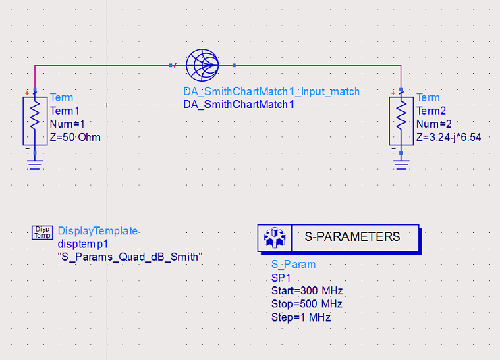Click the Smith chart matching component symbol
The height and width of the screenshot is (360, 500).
pos(202,66)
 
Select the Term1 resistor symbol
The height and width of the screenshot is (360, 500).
pos(35,120)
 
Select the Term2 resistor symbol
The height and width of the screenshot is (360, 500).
pos(401,120)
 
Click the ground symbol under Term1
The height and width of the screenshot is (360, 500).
pos(35,162)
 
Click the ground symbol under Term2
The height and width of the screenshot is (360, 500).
pos(401,162)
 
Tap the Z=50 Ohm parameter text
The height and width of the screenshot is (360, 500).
pos(75,137)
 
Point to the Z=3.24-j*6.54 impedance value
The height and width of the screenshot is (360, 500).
pos(449,137)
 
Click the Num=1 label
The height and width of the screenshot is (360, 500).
pos(67,124)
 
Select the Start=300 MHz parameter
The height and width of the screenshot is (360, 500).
pos(307,291)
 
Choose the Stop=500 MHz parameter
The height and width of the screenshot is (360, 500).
pos(307,304)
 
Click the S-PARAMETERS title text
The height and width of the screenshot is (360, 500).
pos(352,237)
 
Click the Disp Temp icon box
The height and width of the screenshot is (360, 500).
pos(42,233)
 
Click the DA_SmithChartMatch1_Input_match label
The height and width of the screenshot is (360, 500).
pos(271,92)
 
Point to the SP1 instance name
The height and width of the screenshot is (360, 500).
pos(279,278)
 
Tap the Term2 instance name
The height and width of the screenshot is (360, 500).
pos(431,111)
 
